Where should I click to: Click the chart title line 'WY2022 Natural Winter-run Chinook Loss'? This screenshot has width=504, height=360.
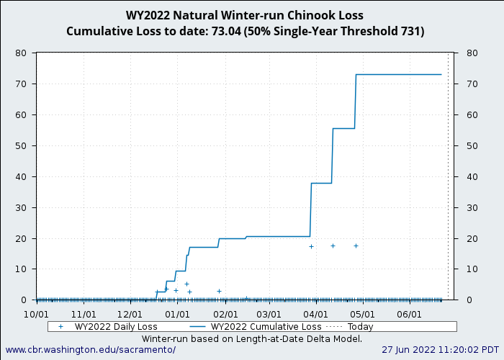coord(245,15)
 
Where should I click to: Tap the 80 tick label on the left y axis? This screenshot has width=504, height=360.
coord(21,53)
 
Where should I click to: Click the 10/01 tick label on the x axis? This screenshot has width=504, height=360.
coord(37,315)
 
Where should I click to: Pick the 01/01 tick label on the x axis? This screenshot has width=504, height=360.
coord(177,315)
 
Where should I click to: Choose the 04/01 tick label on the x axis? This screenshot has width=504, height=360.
coord(315,315)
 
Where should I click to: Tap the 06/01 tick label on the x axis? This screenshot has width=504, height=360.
coord(408,315)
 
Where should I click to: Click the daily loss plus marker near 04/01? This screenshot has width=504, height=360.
coord(311,246)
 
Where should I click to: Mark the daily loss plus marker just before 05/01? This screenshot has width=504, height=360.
coord(356,246)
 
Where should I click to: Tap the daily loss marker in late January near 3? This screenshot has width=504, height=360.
coord(219,291)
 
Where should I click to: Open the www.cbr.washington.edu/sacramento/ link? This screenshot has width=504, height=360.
coord(90,350)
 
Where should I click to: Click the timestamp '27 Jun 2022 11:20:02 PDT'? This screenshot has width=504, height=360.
coord(439,350)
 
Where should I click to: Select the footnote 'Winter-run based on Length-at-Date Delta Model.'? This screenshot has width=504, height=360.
coord(252,338)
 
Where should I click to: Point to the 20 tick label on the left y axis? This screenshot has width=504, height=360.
coord(21,238)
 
